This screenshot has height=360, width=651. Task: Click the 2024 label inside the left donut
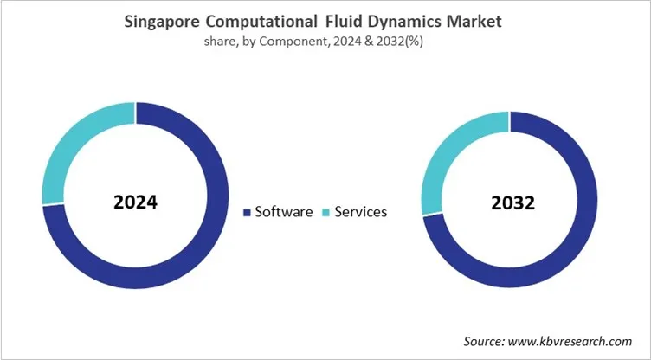tap(135, 202)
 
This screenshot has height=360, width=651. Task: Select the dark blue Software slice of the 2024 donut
tap(195, 260)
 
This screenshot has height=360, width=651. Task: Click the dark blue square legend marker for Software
tap(248, 212)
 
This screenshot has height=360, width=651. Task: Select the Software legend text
tap(283, 211)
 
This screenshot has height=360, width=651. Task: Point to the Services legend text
tap(359, 211)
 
